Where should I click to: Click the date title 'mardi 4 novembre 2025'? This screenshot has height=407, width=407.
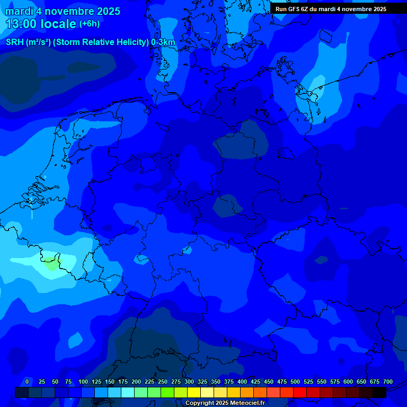(63, 11)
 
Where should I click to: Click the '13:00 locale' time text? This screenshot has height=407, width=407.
(41, 24)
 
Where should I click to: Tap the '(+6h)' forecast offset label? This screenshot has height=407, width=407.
(89, 24)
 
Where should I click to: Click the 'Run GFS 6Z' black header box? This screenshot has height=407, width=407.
(331, 8)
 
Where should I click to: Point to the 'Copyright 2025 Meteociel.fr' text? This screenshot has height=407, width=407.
(225, 403)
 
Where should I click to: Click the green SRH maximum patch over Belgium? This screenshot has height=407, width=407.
(51, 263)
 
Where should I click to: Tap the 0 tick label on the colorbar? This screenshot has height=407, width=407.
(27, 382)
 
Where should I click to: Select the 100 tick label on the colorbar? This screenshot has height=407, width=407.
(83, 382)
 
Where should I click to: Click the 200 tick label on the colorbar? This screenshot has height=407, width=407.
(136, 382)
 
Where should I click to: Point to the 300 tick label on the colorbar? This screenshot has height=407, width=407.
(189, 382)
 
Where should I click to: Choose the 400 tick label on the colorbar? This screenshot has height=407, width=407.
(242, 382)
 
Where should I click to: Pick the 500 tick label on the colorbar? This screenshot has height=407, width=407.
(295, 382)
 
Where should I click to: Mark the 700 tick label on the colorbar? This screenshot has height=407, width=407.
(388, 382)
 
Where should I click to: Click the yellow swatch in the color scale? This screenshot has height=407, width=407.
(194, 392)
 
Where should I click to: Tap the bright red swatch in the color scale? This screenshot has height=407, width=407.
(300, 392)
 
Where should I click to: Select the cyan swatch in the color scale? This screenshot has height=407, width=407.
(128, 392)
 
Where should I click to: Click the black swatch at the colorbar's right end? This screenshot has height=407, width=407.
(379, 392)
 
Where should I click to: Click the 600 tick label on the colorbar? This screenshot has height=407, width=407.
(348, 382)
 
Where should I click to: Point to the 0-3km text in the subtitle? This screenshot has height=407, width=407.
(163, 42)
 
